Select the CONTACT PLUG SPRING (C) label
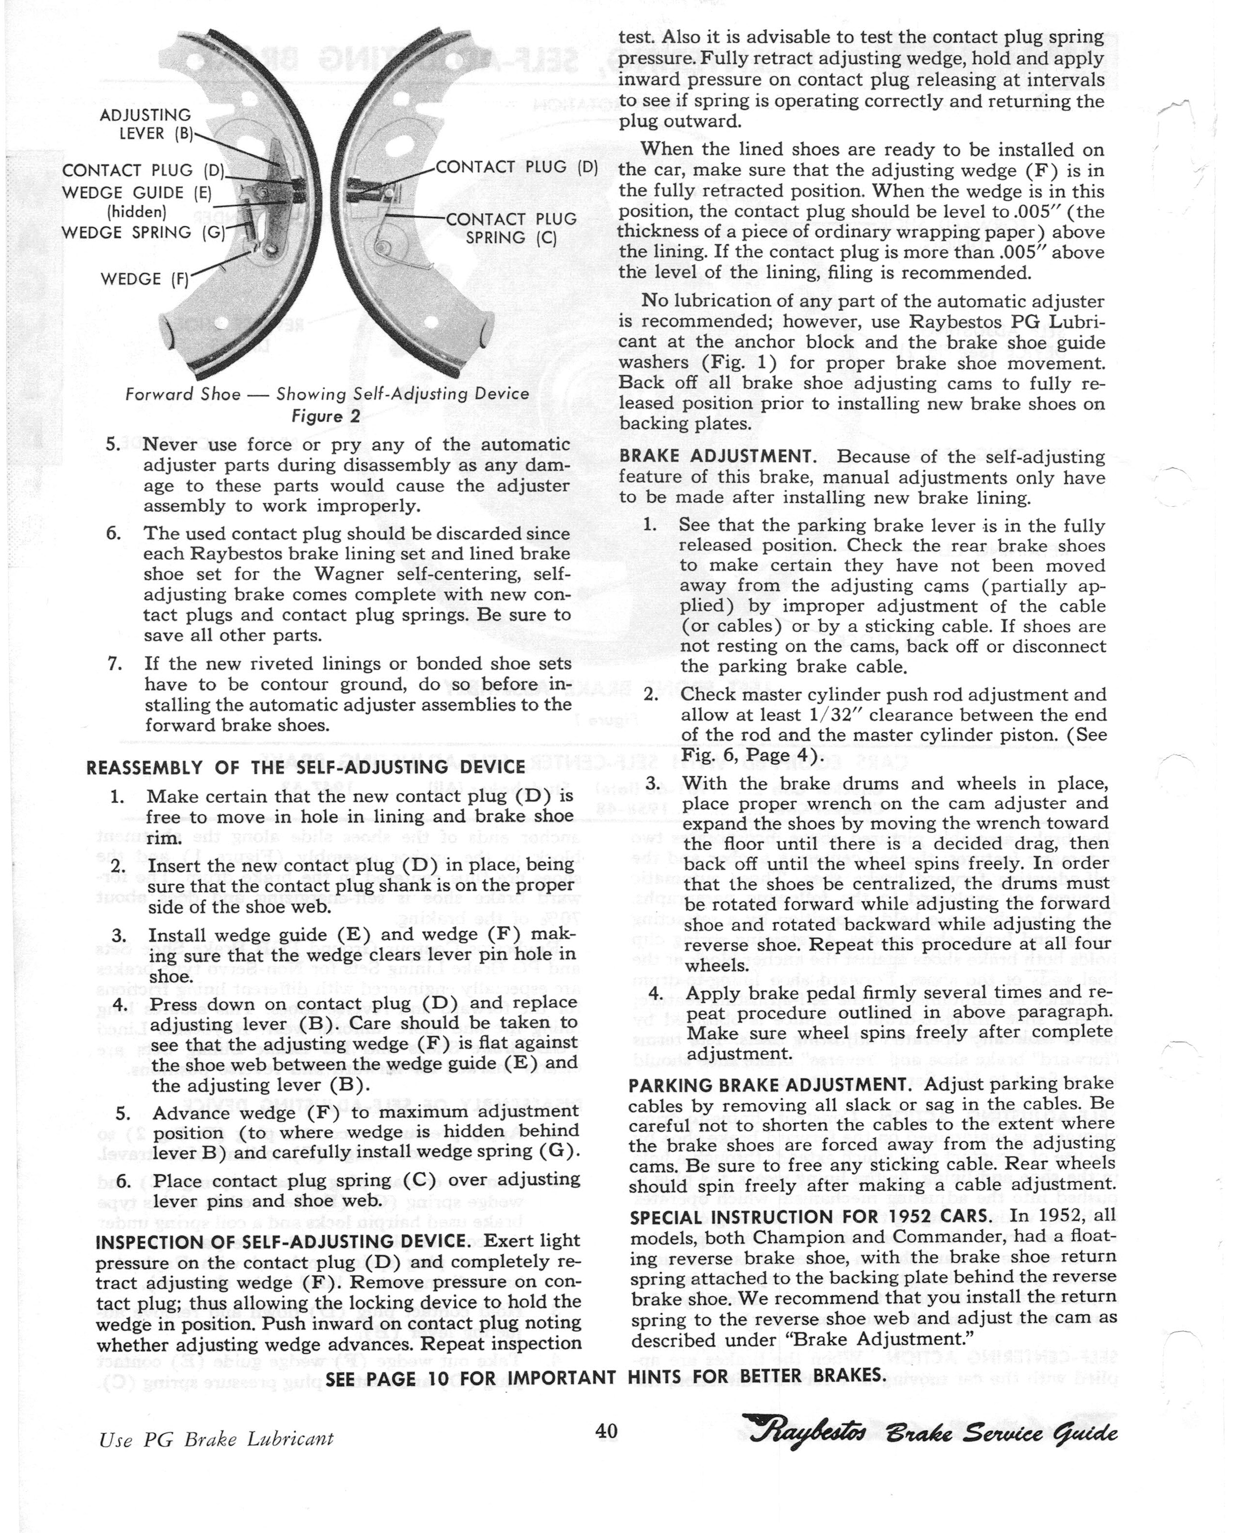click(511, 228)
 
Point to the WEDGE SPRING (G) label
click(142, 232)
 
